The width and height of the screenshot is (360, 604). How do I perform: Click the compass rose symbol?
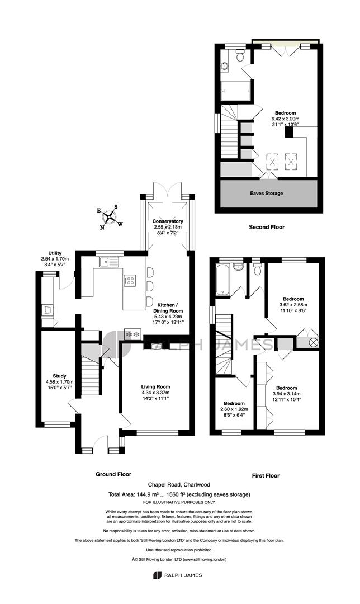coord(110,217)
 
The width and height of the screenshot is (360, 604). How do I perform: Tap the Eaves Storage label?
coord(267,193)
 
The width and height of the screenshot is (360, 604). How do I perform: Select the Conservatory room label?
coord(168,221)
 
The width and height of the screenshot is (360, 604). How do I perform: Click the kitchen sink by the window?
coord(109,262)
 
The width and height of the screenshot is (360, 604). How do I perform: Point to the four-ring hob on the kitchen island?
coord(130,280)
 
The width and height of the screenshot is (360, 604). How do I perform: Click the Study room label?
coord(59,376)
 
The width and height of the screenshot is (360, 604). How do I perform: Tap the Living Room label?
coord(155,387)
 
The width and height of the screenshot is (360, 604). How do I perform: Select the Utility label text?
coord(55,253)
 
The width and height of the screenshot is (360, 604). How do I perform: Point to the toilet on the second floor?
coord(241,55)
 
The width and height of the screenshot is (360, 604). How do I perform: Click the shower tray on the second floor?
coord(235,91)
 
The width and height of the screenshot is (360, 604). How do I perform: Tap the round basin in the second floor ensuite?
coord(225,66)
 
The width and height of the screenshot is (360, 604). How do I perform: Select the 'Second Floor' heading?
coord(267,227)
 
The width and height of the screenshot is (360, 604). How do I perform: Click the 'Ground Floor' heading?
coord(113,474)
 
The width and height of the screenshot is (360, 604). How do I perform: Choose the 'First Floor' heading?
coord(266,475)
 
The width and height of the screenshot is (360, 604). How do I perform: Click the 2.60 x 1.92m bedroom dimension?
coord(234,409)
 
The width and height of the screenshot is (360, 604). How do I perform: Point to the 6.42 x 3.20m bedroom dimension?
coord(285,119)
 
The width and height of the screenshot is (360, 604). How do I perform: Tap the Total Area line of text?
coord(179,494)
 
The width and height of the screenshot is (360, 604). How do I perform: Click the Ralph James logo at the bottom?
coord(177,575)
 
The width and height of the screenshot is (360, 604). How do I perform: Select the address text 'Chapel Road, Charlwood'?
coord(179,484)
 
